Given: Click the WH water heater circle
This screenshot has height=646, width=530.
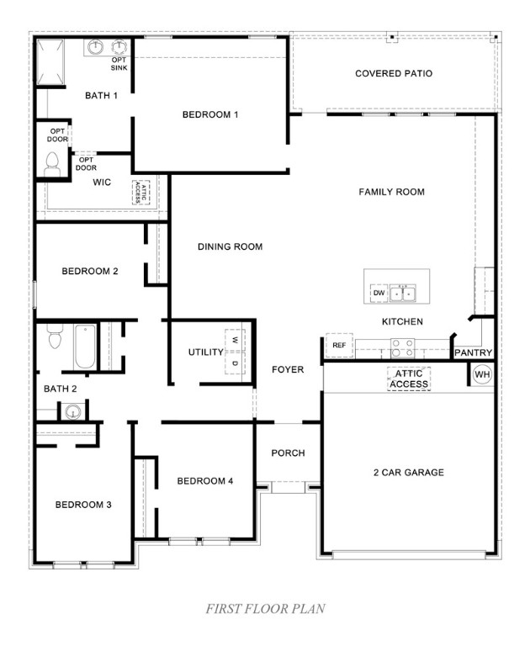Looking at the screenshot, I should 482,374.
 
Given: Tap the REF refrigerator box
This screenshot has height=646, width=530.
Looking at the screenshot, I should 339,346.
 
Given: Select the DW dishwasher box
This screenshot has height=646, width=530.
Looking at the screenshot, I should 379,293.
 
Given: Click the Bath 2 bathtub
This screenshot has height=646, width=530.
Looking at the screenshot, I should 85,346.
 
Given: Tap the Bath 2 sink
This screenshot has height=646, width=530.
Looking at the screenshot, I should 73,412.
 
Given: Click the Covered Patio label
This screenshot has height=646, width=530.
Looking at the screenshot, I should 394,74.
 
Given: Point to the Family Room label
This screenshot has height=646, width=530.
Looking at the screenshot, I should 391,192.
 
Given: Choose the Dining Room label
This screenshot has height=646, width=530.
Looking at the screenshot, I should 230,246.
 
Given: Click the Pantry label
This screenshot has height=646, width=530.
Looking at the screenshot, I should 474,353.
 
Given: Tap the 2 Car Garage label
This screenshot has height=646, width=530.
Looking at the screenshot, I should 408,473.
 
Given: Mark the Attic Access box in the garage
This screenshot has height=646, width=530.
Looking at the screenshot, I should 409,379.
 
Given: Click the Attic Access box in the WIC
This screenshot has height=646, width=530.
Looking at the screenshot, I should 140,193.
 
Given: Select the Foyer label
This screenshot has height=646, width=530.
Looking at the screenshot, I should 288,369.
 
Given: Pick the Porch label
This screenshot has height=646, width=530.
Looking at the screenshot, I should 288,453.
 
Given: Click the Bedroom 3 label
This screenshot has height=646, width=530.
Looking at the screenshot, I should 83,505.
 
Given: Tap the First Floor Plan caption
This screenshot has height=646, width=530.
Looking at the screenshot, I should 265,607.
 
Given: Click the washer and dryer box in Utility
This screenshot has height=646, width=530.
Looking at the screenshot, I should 236,352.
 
